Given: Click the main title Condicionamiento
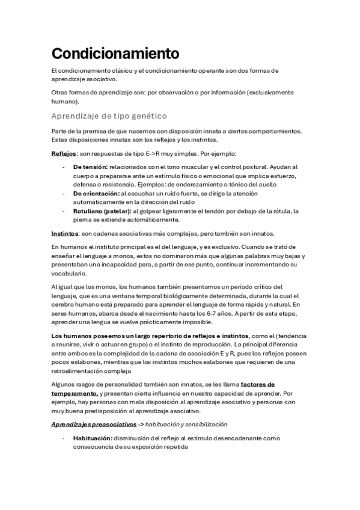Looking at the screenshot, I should point(115,53).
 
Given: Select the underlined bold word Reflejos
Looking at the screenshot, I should point(63,153).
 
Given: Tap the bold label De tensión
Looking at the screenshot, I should point(91,166).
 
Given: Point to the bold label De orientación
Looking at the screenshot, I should point(96,194).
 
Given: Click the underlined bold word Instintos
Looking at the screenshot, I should point(64,233).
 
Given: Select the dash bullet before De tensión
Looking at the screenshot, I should point(63,166).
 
